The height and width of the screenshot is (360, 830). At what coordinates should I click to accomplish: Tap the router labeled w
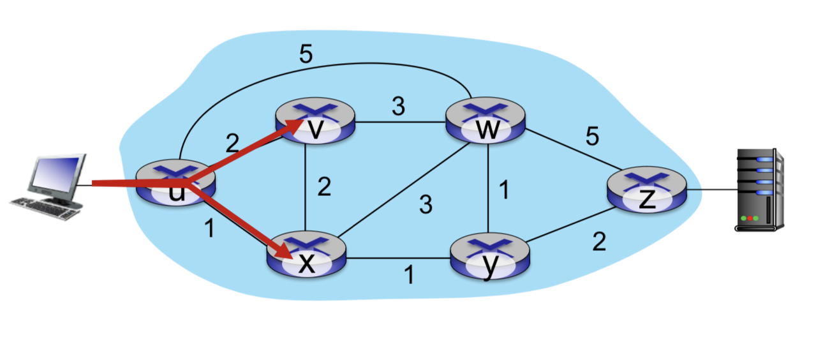(486, 122)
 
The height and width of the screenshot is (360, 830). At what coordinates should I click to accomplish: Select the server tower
(759, 189)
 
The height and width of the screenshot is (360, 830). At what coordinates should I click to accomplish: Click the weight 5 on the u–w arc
(306, 56)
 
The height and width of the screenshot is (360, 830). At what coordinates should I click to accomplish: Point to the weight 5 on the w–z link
(593, 137)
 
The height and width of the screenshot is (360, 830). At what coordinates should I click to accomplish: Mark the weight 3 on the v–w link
(398, 107)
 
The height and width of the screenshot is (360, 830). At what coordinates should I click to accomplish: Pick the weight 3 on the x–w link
(426, 206)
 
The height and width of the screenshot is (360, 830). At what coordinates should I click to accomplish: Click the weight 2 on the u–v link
(233, 141)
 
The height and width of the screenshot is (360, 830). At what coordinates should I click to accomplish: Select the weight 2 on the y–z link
(598, 242)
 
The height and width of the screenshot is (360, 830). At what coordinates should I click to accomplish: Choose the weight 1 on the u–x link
(209, 229)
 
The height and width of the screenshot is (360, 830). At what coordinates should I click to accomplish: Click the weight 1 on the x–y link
(408, 274)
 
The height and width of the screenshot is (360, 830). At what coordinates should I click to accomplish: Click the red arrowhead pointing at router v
(295, 126)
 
